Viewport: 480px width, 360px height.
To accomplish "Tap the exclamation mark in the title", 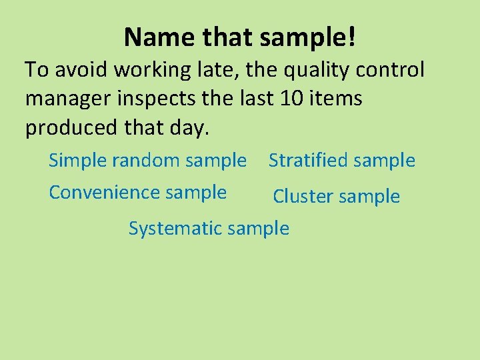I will coord(351,37).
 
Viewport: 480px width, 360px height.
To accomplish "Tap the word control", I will coord(393,70).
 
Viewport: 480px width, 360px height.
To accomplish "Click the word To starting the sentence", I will coord(37,70).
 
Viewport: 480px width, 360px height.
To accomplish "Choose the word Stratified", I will coord(308,160).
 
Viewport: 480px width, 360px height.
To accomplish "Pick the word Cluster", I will coord(301,196).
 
